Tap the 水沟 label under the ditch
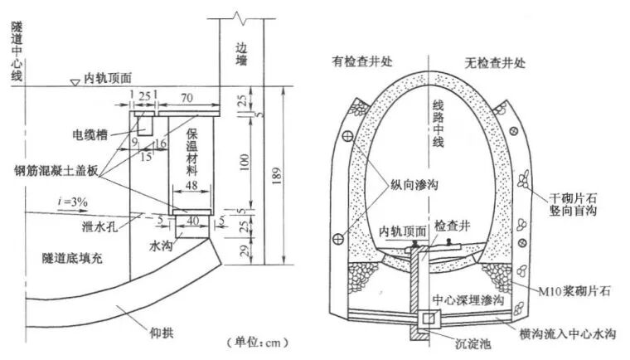point(162,246)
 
